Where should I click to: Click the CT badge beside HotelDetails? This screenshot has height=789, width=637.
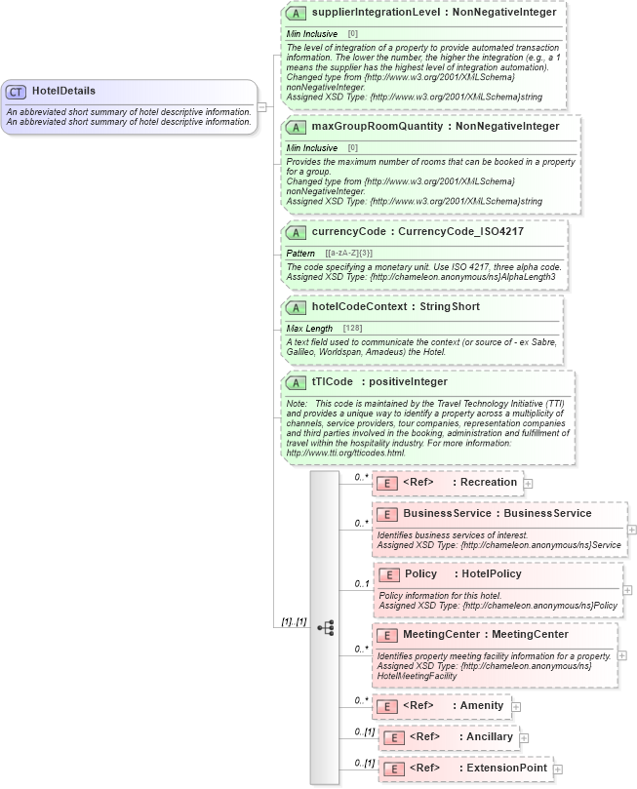pos(16,91)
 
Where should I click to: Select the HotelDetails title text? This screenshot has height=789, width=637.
pos(63,91)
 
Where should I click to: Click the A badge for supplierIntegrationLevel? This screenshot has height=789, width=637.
pos(297,13)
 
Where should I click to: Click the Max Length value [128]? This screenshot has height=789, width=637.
pos(352,328)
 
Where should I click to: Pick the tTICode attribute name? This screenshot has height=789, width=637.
pos(332,381)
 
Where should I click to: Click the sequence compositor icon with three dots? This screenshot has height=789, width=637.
pos(326,627)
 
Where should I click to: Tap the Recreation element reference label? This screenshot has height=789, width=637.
pos(488,482)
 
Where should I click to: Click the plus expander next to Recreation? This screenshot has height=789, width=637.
pos(528,483)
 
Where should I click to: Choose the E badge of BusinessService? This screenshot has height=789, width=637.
pos(387,513)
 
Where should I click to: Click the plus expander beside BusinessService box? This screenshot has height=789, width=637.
pos(631,530)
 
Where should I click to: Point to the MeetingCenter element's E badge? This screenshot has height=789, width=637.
pos(387,635)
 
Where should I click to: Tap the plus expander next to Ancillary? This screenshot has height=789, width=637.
pos(524,738)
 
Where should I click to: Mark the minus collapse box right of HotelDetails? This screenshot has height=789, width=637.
pos(261,106)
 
